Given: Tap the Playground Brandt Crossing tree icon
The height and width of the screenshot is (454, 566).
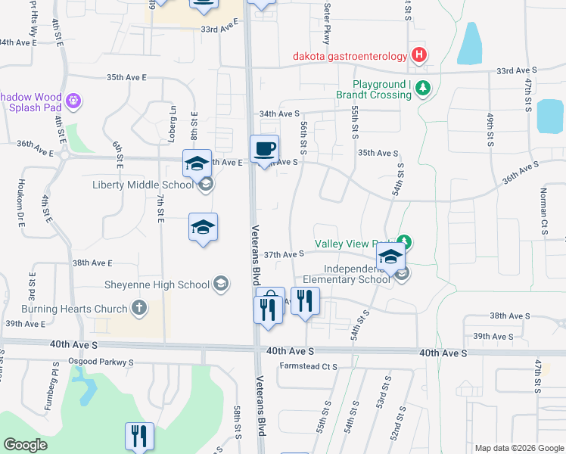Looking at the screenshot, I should pyautogui.click(x=423, y=89).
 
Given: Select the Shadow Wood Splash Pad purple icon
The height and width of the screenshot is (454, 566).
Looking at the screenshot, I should pyautogui.click(x=73, y=100).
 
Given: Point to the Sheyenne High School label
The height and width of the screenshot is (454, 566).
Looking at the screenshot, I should pyautogui.click(x=157, y=285).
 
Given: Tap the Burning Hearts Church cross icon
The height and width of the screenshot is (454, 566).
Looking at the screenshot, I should pyautogui.click(x=138, y=308).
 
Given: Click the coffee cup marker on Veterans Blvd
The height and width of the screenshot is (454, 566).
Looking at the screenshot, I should pyautogui.click(x=264, y=150).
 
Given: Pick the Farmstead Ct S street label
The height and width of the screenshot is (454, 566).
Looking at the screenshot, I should pyautogui.click(x=308, y=367).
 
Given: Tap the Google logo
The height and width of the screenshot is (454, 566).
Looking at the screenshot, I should pyautogui.click(x=26, y=445).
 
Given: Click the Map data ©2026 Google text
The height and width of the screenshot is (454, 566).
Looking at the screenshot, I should pyautogui.click(x=519, y=448).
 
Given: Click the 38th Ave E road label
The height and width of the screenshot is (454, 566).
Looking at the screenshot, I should pyautogui.click(x=92, y=263).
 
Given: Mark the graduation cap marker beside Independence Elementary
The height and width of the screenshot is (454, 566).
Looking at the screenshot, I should pyautogui.click(x=390, y=259).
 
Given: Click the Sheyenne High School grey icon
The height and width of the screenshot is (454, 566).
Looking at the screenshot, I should pyautogui.click(x=220, y=284).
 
